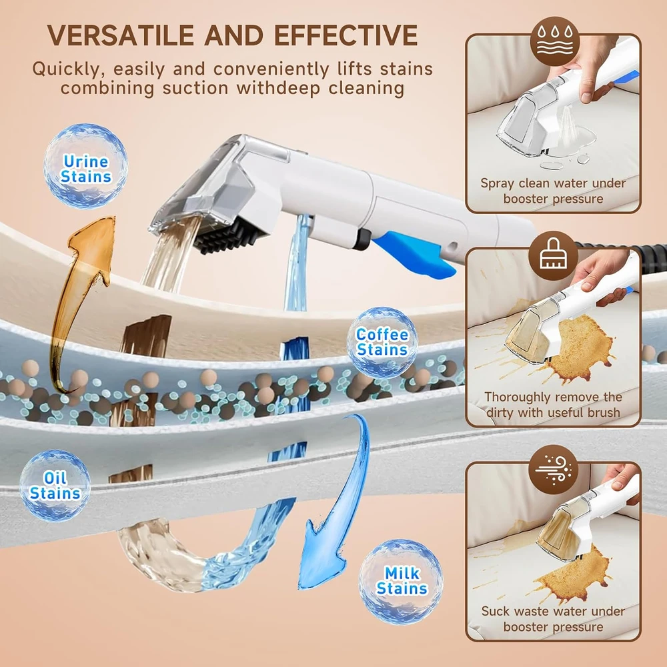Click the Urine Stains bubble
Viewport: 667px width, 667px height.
(x=85, y=166)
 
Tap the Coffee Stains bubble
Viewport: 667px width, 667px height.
(x=382, y=342)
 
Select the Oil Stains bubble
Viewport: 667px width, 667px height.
(x=55, y=486)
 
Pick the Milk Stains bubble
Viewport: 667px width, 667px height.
(x=401, y=582)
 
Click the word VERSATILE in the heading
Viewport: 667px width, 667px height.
(x=120, y=35)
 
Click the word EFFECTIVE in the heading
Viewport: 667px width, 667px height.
(x=346, y=35)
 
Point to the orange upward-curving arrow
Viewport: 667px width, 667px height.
(x=81, y=297)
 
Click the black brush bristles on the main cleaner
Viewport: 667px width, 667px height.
(x=229, y=236)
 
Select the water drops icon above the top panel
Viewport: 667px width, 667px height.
(x=555, y=41)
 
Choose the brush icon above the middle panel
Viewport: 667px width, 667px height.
(x=553, y=255)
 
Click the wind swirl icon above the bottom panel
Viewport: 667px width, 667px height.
(x=553, y=469)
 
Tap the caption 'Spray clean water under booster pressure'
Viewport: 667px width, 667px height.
(x=553, y=191)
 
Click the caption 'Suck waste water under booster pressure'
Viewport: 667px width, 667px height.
(x=553, y=619)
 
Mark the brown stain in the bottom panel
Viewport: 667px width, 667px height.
(x=574, y=574)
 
